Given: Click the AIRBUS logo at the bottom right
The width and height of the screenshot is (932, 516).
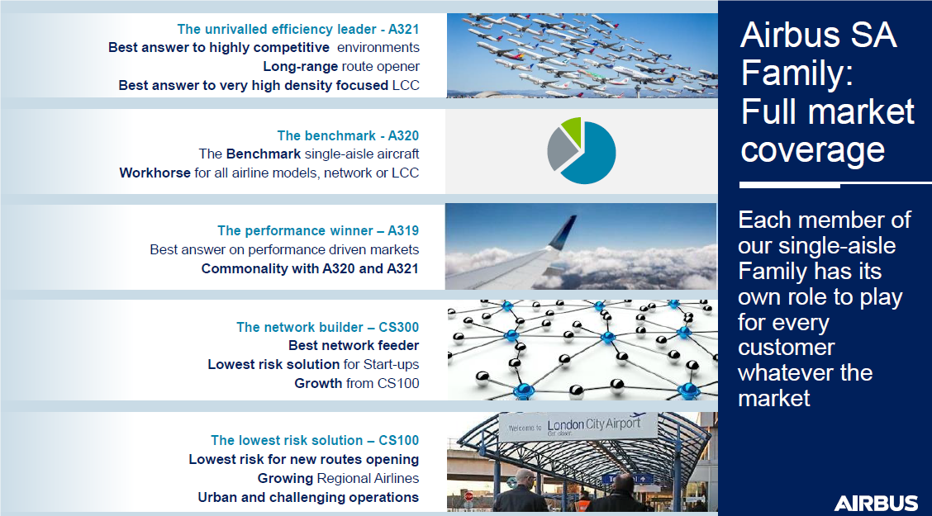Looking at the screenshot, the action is pyautogui.click(x=876, y=504).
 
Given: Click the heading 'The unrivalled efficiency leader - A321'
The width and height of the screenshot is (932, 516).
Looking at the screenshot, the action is pyautogui.click(x=297, y=29).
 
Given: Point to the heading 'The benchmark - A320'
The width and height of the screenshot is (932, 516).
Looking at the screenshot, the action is pyautogui.click(x=348, y=135).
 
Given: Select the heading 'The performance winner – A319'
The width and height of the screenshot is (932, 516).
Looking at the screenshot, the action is pyautogui.click(x=318, y=230).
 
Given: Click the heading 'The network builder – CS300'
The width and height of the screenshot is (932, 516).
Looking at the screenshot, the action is pyautogui.click(x=327, y=327).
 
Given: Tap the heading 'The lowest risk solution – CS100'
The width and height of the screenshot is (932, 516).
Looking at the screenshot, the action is pyautogui.click(x=315, y=440).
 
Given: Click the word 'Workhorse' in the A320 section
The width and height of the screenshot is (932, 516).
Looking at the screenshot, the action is pyautogui.click(x=155, y=173).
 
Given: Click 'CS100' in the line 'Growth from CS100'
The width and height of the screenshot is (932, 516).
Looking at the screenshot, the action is pyautogui.click(x=398, y=383).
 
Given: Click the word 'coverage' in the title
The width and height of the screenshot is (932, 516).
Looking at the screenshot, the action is pyautogui.click(x=812, y=150).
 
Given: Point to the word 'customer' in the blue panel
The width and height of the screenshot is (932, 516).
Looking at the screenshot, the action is pyautogui.click(x=787, y=348).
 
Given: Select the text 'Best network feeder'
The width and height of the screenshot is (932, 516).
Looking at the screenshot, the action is pyautogui.click(x=354, y=345).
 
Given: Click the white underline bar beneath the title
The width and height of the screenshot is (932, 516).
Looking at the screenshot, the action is pyautogui.click(x=835, y=185).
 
